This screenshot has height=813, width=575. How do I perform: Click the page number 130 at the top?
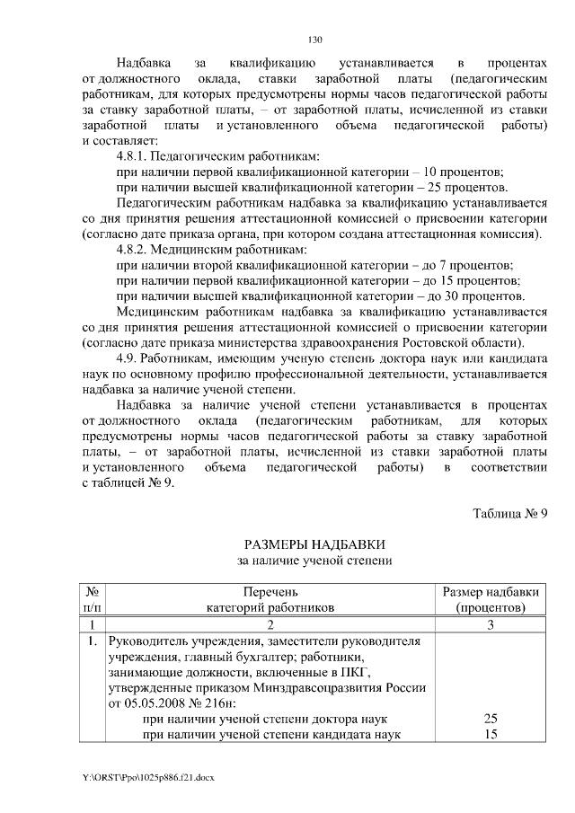pyautogui.click(x=314, y=40)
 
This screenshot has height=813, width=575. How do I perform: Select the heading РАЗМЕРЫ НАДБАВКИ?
pyautogui.click(x=314, y=545)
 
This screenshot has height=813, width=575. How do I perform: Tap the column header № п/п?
pyautogui.click(x=92, y=599)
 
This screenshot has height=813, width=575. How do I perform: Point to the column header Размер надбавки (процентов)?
pyautogui.click(x=491, y=599)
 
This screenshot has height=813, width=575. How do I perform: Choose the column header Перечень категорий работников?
pyautogui.click(x=270, y=599)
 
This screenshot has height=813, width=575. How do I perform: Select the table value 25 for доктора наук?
pyautogui.click(x=491, y=720)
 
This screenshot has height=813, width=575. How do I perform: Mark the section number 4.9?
pyautogui.click(x=128, y=359)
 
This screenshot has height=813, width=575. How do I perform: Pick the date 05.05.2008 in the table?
pyautogui.click(x=155, y=703)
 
